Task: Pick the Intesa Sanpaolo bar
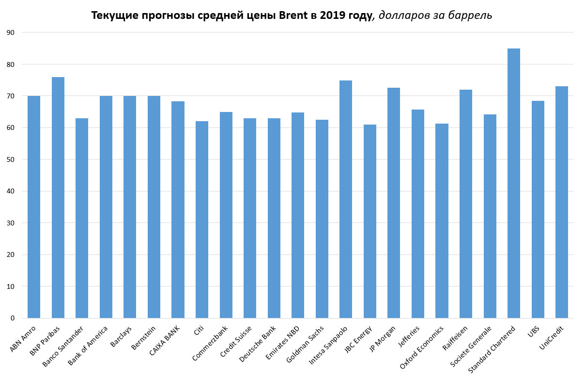[x=346, y=199]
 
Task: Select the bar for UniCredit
[x=562, y=202]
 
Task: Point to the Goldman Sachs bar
[x=322, y=219]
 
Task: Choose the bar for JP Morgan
[x=394, y=203]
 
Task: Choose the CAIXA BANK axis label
[x=165, y=341]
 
